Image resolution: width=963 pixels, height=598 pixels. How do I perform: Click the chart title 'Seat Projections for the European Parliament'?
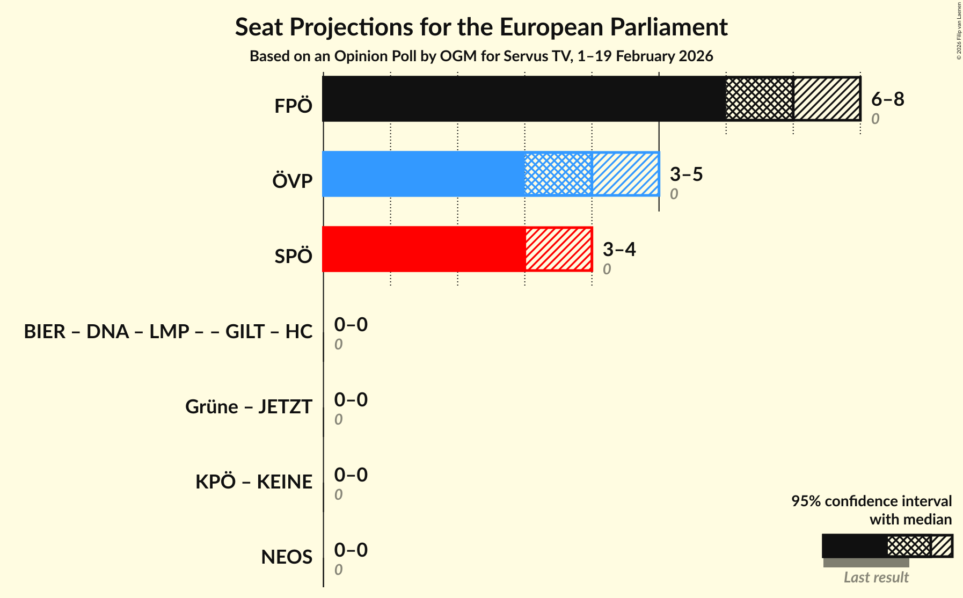(481, 27)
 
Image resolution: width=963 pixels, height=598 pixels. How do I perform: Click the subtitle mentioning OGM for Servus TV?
(481, 56)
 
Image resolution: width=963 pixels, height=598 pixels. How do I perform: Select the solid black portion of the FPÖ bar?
(524, 99)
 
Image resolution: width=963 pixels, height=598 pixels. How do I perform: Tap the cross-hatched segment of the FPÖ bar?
(759, 99)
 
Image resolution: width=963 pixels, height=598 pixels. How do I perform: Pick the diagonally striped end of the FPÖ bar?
(827, 99)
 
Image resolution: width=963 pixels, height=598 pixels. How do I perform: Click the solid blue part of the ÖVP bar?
(424, 174)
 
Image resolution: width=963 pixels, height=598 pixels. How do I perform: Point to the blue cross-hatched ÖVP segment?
(558, 174)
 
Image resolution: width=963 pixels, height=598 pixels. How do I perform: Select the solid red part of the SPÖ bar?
(424, 249)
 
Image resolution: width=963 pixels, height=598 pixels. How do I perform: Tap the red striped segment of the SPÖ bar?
(558, 249)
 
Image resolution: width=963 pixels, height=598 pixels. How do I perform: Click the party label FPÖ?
(293, 106)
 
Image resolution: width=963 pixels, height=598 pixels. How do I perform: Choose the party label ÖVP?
(292, 181)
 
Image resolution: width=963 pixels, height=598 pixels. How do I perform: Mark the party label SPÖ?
(293, 256)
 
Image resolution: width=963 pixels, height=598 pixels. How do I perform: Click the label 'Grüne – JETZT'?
(249, 406)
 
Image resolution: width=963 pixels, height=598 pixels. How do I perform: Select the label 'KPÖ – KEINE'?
(253, 482)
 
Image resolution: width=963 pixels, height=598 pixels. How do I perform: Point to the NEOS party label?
(287, 557)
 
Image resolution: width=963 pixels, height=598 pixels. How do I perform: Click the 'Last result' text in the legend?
(876, 577)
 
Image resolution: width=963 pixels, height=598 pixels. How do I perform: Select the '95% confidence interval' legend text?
(871, 501)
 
